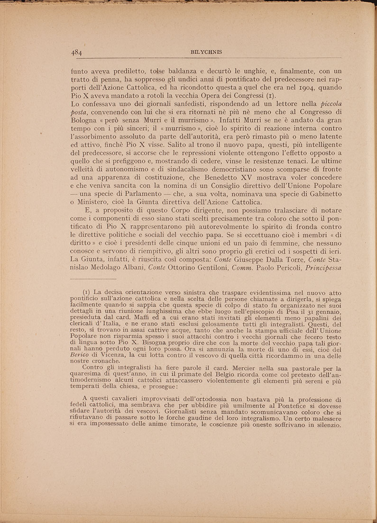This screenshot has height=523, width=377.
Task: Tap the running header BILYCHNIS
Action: (x=203, y=53)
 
